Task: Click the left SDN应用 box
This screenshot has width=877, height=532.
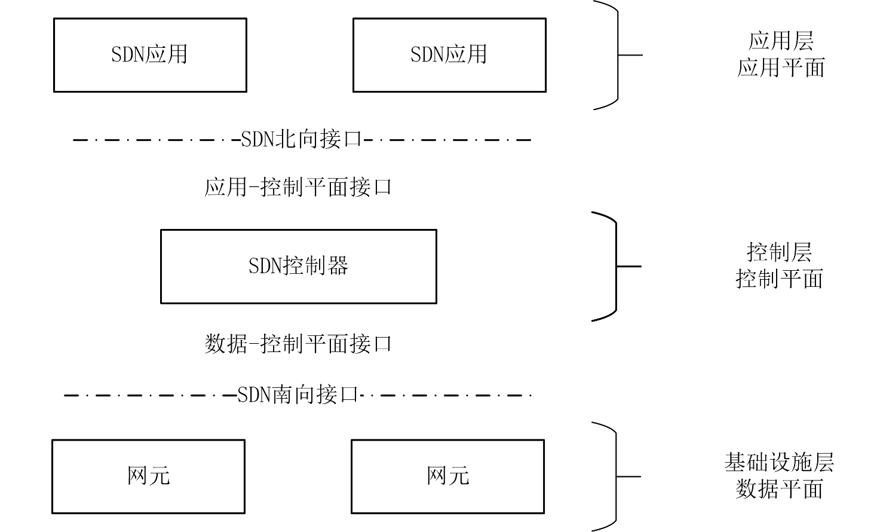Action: tap(150, 55)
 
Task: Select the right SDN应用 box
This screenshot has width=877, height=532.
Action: tap(449, 55)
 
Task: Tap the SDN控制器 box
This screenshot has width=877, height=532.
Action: tap(298, 266)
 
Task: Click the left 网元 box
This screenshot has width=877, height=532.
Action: tap(148, 476)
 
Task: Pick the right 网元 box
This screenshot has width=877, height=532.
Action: tap(447, 476)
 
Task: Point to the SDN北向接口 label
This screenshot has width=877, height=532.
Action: tap(302, 140)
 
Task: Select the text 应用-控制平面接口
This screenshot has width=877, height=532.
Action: tap(298, 188)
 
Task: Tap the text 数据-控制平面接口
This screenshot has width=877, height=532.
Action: tap(298, 344)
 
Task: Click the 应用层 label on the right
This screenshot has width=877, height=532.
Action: tap(781, 41)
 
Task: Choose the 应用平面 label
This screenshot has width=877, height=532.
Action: tap(781, 68)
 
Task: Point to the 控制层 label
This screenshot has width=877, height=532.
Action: tap(780, 252)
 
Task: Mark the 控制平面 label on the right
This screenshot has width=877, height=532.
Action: tap(780, 279)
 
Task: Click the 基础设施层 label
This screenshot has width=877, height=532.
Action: tap(780, 463)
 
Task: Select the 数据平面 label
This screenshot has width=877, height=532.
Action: tap(780, 490)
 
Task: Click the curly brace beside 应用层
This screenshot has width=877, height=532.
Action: tap(617, 55)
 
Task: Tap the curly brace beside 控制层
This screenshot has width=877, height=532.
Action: tap(615, 266)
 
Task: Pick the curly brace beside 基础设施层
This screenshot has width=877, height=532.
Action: tap(615, 476)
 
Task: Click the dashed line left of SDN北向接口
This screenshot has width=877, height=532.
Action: tap(155, 140)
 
